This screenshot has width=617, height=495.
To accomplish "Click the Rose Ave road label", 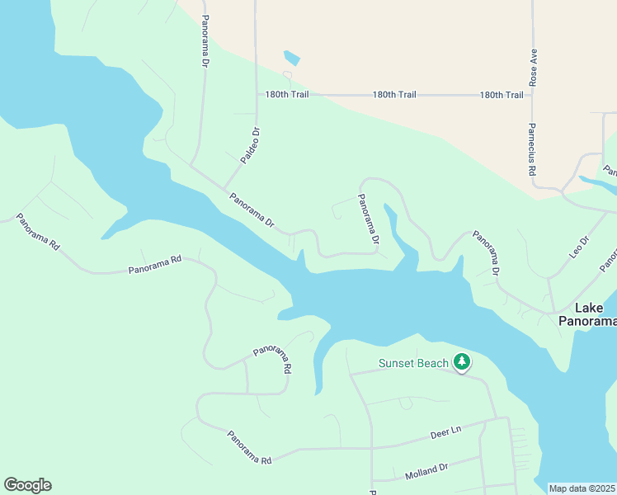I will [534, 67].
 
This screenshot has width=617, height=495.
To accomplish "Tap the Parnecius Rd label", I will [533, 148].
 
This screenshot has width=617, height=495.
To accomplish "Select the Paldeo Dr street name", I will [250, 144].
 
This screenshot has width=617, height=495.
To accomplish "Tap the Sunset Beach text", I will [413, 363].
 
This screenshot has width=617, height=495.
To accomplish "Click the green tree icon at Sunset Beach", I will [463, 362].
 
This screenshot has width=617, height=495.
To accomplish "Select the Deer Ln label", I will [445, 432].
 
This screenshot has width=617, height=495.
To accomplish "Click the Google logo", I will [27, 485].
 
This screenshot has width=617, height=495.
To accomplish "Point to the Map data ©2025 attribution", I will [582, 488].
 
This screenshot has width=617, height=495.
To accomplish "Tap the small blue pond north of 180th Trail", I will [291, 58].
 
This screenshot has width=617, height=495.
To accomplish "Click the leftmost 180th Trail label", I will [286, 95].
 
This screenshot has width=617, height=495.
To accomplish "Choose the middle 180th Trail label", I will [394, 95].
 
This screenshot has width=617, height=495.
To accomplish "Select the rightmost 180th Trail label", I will [502, 95].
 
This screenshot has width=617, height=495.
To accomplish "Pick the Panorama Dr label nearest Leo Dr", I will [486, 252].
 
